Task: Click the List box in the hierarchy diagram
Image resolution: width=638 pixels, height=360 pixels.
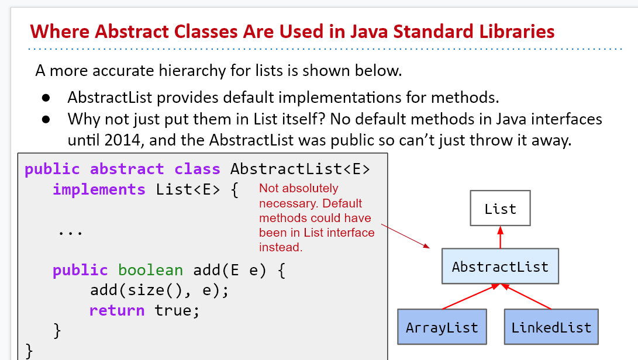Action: (x=500, y=208)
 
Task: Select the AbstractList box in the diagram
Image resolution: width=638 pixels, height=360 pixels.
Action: (x=500, y=266)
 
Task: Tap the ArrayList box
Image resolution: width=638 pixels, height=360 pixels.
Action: (x=442, y=327)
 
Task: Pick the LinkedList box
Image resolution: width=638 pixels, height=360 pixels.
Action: (x=551, y=327)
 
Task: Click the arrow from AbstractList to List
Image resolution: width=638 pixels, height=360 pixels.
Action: (x=500, y=237)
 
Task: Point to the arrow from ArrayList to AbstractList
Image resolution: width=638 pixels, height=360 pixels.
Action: (x=471, y=296)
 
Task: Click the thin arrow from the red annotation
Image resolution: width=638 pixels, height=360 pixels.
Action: (x=405, y=236)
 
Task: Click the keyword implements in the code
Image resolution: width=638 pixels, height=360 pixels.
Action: (x=99, y=189)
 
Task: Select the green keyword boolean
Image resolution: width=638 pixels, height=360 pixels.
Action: (x=150, y=269)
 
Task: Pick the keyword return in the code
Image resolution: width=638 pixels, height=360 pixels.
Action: (x=117, y=310)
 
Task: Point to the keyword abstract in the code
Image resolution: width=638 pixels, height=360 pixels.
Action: (x=127, y=168)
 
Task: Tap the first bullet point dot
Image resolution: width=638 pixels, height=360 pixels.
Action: (x=46, y=98)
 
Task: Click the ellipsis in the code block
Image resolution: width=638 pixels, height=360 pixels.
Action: (x=70, y=233)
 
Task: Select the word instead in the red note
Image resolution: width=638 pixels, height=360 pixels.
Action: (x=281, y=247)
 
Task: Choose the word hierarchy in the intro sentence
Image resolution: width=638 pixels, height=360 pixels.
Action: (x=192, y=71)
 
